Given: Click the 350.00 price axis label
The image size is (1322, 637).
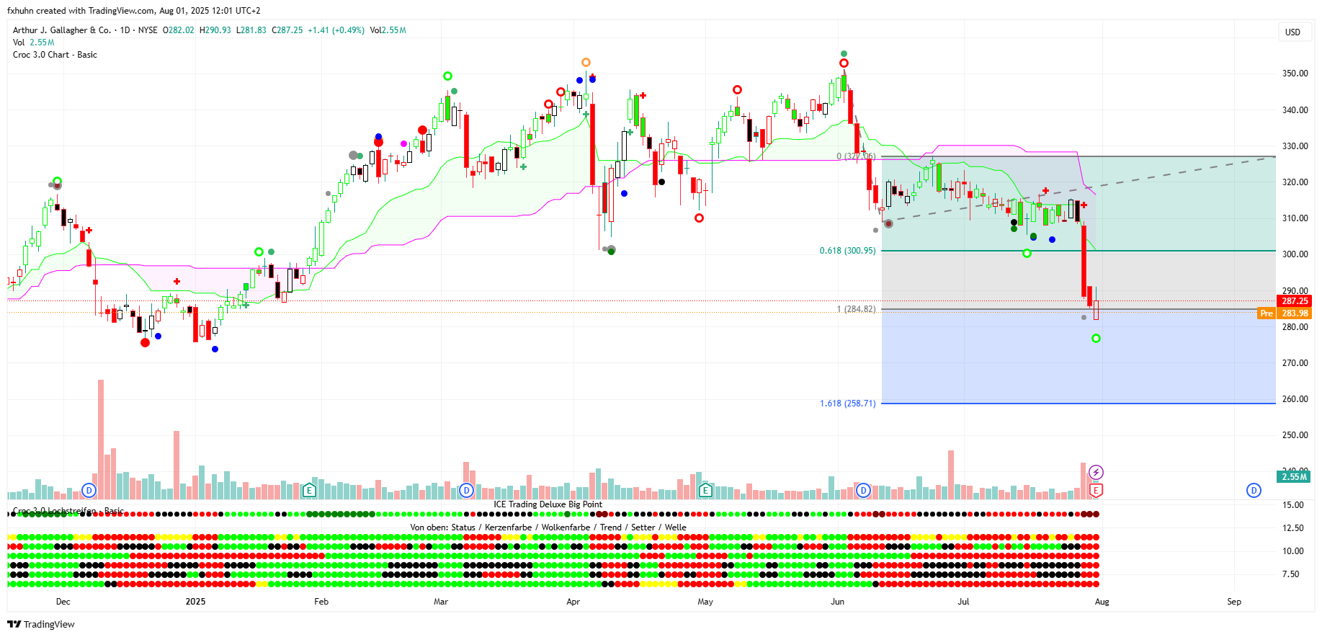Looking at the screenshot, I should [x=1295, y=73].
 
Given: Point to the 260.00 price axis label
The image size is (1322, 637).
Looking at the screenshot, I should [x=1295, y=399].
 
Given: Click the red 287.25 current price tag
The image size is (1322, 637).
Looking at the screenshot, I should [x=1294, y=301].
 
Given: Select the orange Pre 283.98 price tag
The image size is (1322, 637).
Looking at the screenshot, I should [x=1284, y=313].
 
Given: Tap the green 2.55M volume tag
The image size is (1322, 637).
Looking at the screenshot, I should [x=1294, y=477].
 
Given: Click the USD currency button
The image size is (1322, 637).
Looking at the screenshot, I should [x=1292, y=32].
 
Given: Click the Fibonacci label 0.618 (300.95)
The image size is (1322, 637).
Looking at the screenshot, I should [x=847, y=251].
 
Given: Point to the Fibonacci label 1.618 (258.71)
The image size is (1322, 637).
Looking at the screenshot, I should [x=847, y=404].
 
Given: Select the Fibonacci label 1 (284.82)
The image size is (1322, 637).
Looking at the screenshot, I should [x=856, y=309].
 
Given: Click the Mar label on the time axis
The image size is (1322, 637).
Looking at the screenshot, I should [x=440, y=602].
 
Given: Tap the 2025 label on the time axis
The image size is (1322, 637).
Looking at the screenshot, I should [x=195, y=602].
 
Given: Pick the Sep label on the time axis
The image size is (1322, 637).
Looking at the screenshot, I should [x=1234, y=602].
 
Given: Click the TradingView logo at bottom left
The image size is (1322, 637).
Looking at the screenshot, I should [x=41, y=625].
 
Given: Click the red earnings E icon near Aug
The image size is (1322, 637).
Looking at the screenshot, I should [x=1096, y=491].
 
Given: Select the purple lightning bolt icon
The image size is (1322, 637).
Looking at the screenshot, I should [x=1096, y=473].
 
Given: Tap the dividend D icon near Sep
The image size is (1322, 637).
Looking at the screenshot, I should [x=1254, y=491].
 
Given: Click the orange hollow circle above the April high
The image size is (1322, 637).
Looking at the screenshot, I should [x=586, y=63].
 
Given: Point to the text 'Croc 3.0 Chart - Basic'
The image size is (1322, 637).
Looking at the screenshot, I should [x=55, y=55].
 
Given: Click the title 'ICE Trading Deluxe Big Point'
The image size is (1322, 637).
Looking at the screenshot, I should [x=548, y=504].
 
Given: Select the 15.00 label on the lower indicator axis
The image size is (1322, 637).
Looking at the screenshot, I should [x=1293, y=505].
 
